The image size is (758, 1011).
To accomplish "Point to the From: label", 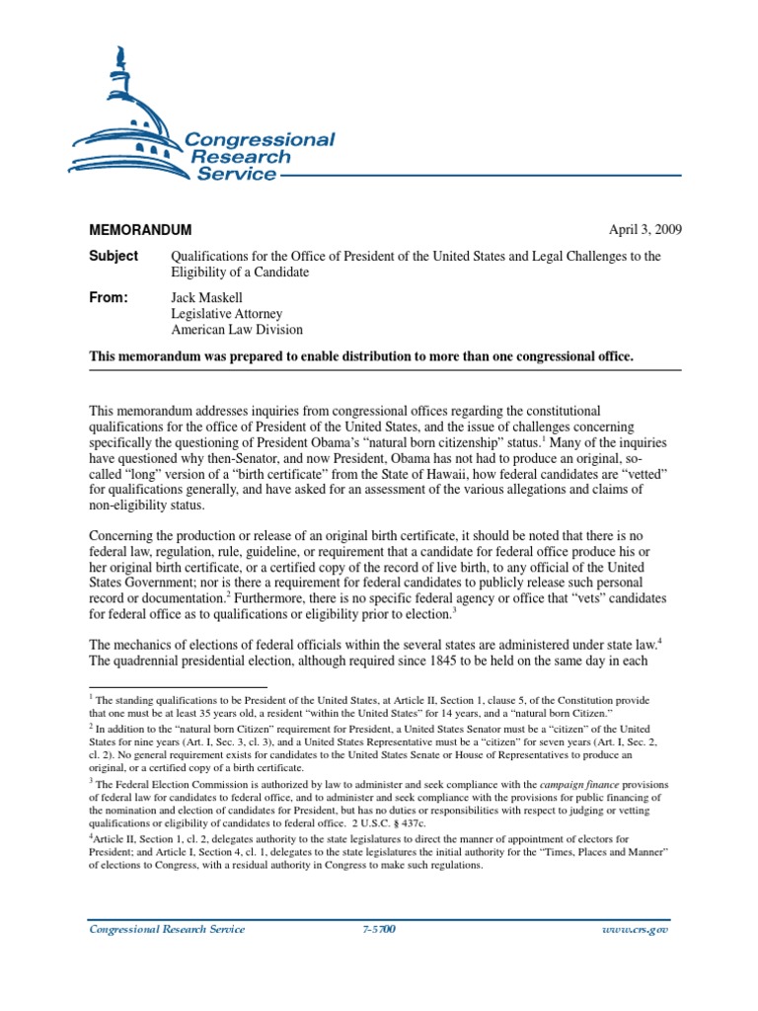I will pos(110,297).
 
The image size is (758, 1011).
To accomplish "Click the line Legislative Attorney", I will pos(227,314).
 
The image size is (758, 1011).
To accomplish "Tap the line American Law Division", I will pos(237,331).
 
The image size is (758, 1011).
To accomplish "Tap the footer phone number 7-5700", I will pos(378,930).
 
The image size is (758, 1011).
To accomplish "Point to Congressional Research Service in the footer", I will pos(167,930).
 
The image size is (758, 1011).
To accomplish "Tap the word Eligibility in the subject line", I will pos(205,272).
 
